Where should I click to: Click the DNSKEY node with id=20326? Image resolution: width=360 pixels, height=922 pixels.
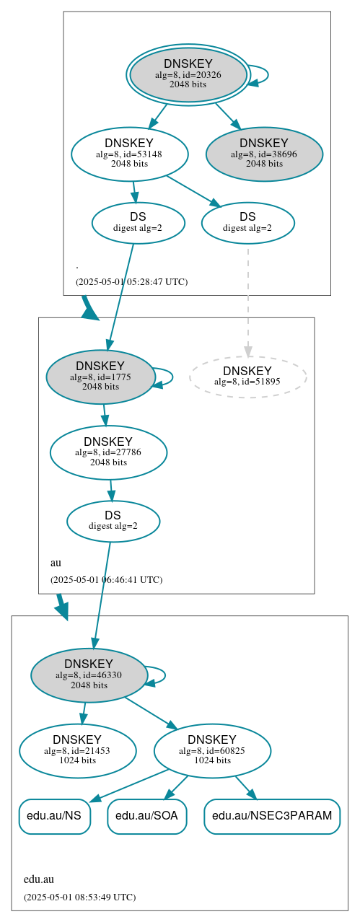[188, 74]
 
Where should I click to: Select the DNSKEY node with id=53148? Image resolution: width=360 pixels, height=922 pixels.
[130, 154]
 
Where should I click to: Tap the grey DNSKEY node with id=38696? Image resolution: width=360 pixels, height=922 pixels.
[264, 154]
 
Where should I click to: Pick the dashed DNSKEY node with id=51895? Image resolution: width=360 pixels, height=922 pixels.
[247, 377]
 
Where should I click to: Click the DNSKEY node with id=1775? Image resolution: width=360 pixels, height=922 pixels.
[100, 377]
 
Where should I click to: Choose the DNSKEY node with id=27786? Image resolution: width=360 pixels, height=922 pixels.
[108, 452]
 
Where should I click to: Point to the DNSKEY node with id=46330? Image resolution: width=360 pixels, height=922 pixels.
[89, 675]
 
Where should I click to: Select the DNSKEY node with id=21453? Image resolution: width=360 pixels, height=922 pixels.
[78, 751]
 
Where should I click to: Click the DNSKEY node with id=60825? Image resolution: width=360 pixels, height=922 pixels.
[212, 751]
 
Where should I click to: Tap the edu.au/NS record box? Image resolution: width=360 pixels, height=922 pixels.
[55, 816]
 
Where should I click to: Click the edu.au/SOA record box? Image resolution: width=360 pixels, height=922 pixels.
[147, 816]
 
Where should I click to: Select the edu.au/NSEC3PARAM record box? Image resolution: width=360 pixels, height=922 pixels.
[272, 816]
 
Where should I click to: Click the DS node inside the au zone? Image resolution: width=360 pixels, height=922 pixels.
[113, 521]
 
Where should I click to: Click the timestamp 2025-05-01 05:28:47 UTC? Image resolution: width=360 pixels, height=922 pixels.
[131, 281]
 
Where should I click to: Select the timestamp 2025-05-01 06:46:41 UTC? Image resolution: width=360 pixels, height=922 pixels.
[106, 579]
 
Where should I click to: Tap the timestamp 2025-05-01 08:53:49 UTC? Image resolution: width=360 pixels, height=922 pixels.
[79, 897]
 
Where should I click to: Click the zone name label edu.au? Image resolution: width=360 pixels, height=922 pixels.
[39, 879]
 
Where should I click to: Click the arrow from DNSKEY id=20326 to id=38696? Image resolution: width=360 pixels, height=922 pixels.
[227, 115]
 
